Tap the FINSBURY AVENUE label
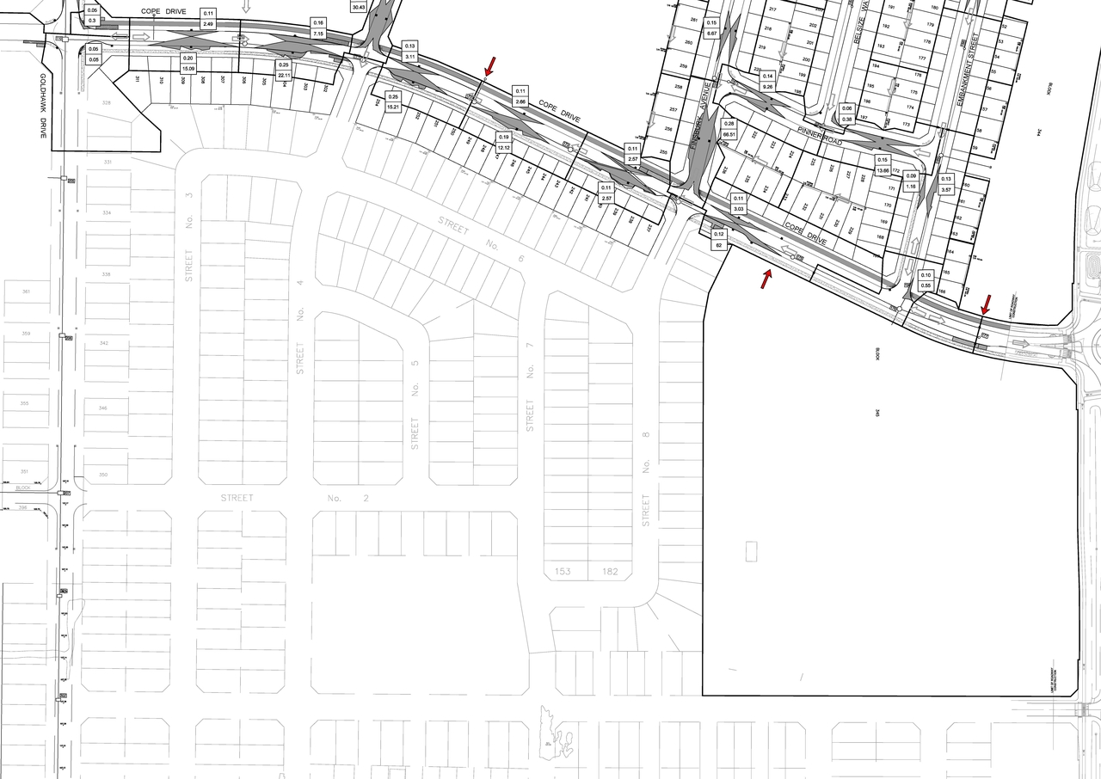coord(700,116)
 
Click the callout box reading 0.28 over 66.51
coord(730,129)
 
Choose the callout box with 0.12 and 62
coord(719,240)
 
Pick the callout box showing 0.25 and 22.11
coord(284,70)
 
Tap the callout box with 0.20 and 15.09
coord(188,63)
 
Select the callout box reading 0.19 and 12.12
coord(504,142)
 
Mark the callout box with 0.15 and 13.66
coord(882,165)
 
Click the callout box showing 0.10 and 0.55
coord(926,279)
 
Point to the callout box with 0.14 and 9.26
coord(768,82)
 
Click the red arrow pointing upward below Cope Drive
coord(766,279)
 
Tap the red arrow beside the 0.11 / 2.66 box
coord(490,65)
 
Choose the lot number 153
coord(563,571)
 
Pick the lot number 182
coord(612,571)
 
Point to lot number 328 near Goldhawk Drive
coord(107,102)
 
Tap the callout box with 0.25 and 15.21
coord(394,101)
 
